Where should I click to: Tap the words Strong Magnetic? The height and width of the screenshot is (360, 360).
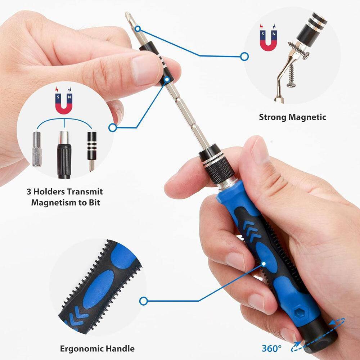[x=292, y=117]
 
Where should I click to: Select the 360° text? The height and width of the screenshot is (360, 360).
[x=271, y=348]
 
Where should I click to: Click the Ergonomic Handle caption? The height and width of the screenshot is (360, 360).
[x=97, y=348]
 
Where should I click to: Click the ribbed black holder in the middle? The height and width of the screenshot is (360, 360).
[x=64, y=155]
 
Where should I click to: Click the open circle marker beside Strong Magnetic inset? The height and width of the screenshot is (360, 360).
[x=244, y=56]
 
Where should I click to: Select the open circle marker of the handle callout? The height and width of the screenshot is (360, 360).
[x=143, y=301]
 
